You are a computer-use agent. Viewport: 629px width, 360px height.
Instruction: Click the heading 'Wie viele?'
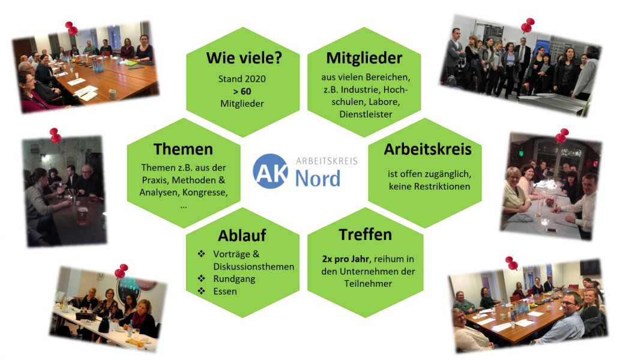coord(244,58)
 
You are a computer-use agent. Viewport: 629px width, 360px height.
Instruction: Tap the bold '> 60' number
coord(242,91)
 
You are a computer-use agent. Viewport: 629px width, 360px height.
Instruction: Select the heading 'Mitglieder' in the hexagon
coord(364,58)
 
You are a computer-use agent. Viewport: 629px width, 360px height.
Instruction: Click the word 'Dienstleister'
coord(366,114)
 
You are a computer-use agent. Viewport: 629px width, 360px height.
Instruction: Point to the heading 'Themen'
coord(183,149)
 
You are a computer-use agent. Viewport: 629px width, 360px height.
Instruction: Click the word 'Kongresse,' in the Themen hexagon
coord(205,193)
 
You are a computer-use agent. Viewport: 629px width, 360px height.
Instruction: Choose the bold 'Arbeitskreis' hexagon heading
coord(427,149)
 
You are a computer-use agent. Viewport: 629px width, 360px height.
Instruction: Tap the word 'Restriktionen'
coord(442,187)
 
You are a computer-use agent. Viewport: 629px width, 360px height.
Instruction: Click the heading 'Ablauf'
coord(242,235)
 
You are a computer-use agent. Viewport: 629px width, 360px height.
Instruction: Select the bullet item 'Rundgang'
coord(234,279)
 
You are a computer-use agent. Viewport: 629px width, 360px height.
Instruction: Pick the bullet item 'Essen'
coord(225,292)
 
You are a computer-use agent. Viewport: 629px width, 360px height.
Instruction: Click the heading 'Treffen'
coord(365,235)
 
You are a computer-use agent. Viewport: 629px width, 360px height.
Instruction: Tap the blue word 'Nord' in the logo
coord(318,178)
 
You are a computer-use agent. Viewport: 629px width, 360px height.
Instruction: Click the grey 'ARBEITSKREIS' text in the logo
coord(327,161)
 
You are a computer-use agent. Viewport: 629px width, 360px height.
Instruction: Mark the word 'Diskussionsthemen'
coord(253,266)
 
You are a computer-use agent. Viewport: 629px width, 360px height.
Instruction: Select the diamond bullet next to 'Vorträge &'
coord(202,254)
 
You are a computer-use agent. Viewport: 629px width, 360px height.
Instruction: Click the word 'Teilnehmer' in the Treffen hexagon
coord(368,284)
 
